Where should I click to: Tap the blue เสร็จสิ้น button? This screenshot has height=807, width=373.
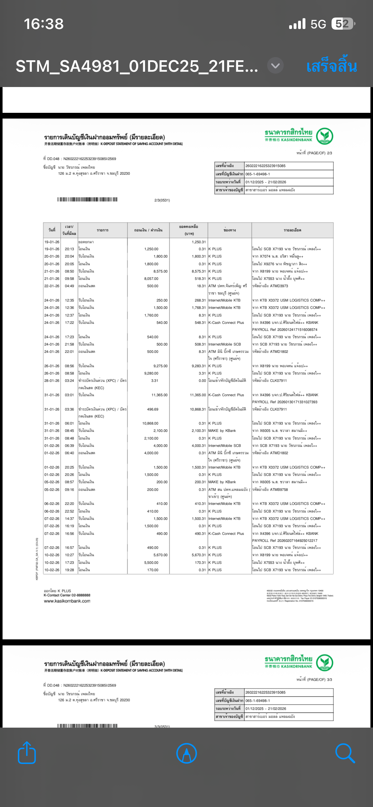pyautogui.click(x=331, y=67)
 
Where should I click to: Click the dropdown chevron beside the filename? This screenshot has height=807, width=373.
pyautogui.click(x=275, y=66)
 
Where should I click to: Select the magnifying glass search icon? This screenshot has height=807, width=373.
pyautogui.click(x=345, y=753)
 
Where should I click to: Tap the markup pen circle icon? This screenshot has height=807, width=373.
pyautogui.click(x=186, y=753)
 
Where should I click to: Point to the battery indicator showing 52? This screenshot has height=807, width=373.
pyautogui.click(x=343, y=24)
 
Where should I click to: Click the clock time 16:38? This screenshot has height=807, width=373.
pyautogui.click(x=44, y=24)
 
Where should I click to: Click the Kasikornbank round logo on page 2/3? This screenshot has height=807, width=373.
pyautogui.click(x=325, y=136)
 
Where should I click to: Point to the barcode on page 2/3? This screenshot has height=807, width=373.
pyautogui.click(x=87, y=200)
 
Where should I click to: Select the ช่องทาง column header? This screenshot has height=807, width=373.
pyautogui.click(x=230, y=230)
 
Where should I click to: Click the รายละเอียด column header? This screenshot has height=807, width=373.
pyautogui.click(x=292, y=230)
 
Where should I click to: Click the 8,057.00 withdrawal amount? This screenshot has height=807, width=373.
pyautogui.click(x=151, y=279)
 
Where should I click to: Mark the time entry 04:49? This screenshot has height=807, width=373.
pyautogui.click(x=69, y=286)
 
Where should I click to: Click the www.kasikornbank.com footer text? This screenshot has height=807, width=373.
pyautogui.click(x=67, y=601)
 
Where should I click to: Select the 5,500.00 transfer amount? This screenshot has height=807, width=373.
pyautogui.click(x=151, y=563)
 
